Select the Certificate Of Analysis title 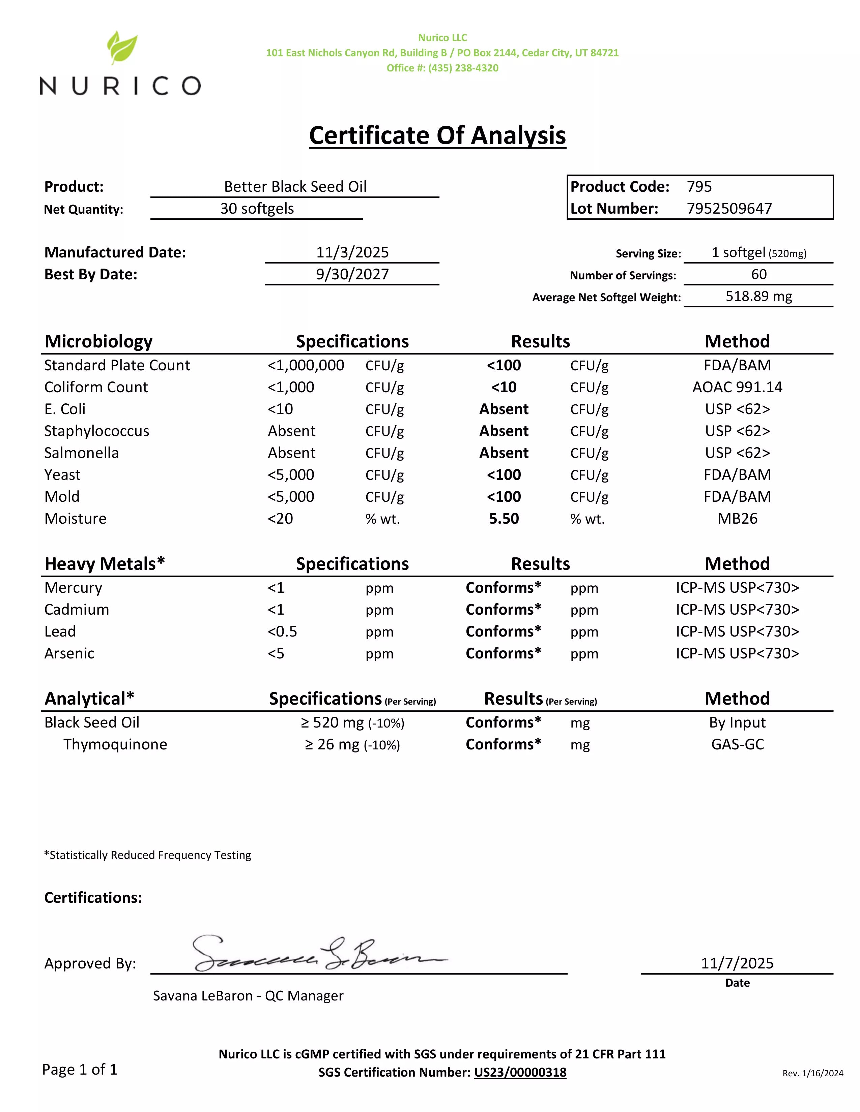pyautogui.click(x=437, y=135)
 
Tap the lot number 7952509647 pyautogui.click(x=729, y=209)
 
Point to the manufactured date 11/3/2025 pyautogui.click(x=352, y=252)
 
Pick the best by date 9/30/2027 pyautogui.click(x=352, y=274)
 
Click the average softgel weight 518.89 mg pyautogui.click(x=758, y=296)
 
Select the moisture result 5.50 pyautogui.click(x=504, y=519)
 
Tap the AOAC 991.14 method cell pyautogui.click(x=737, y=388)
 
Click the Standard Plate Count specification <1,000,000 pyautogui.click(x=306, y=366)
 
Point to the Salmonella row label pyautogui.click(x=82, y=453)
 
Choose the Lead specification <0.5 pyautogui.click(x=282, y=632)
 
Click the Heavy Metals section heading pyautogui.click(x=105, y=564)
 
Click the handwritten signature pyautogui.click(x=316, y=954)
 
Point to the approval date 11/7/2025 pyautogui.click(x=737, y=963)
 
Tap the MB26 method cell pyautogui.click(x=737, y=519)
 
